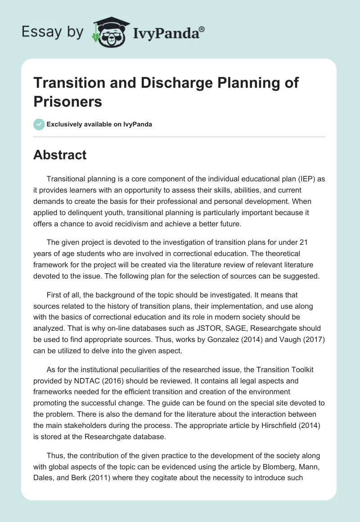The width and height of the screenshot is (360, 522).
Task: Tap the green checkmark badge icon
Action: (x=39, y=124)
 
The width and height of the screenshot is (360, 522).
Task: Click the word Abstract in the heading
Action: (x=60, y=155)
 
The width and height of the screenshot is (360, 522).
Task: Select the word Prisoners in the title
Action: (x=68, y=102)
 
